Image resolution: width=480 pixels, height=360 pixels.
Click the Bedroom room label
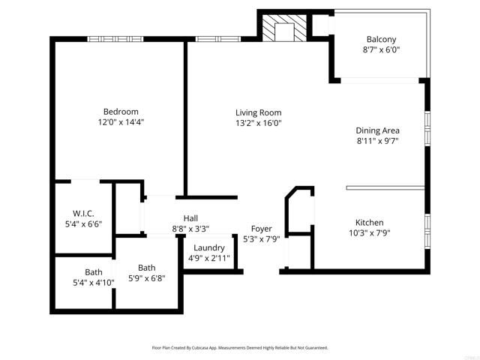click(x=121, y=112)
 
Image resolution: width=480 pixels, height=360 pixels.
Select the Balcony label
click(x=381, y=40)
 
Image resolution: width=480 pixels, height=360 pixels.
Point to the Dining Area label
click(x=376, y=130)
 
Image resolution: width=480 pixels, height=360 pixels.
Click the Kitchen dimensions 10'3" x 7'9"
click(x=369, y=232)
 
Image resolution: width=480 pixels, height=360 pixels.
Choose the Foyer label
click(x=262, y=229)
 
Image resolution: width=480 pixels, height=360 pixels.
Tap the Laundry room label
click(x=209, y=248)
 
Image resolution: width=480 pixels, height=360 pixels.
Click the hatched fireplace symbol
click(x=285, y=30)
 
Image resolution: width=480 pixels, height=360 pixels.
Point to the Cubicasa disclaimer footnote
click(x=239, y=348)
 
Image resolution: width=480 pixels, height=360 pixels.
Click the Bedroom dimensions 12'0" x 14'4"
click(x=121, y=121)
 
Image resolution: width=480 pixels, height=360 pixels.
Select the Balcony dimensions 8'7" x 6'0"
click(x=381, y=49)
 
